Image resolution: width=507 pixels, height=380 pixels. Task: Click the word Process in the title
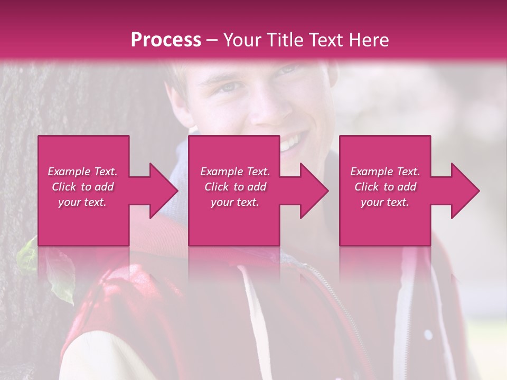166,40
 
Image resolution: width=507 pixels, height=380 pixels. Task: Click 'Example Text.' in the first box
83,172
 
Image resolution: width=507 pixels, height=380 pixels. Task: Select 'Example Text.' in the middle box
235,172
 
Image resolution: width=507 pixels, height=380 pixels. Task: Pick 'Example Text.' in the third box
385,172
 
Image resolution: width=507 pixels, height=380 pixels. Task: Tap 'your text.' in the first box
83,202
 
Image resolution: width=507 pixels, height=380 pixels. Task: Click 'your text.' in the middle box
235,202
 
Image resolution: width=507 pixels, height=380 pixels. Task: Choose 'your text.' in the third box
385,202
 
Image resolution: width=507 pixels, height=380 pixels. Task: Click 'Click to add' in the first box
83,187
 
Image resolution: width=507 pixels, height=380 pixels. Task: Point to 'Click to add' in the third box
385,187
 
